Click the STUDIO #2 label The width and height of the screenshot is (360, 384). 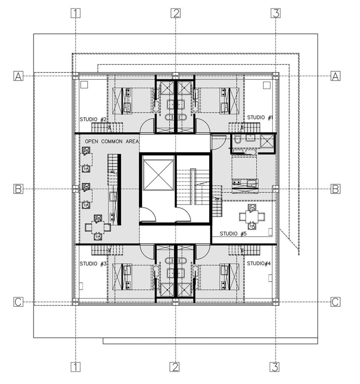[94, 120]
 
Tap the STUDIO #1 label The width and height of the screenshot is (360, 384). [259, 118]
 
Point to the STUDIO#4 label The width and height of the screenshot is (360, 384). [259, 264]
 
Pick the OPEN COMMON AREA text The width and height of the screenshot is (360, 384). [112, 142]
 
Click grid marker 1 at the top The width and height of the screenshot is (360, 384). [76, 13]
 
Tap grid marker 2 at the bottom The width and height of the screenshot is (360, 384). [175, 366]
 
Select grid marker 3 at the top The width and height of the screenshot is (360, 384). [276, 13]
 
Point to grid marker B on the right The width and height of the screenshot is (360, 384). [335, 189]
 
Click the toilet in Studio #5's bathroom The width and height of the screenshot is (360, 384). [237, 140]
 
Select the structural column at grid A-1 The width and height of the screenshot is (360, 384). [75, 76]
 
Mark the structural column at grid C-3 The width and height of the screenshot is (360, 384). [276, 302]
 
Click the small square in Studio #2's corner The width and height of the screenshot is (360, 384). [84, 85]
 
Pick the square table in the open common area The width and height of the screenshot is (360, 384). [98, 227]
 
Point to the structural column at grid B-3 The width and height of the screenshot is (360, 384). [276, 189]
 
